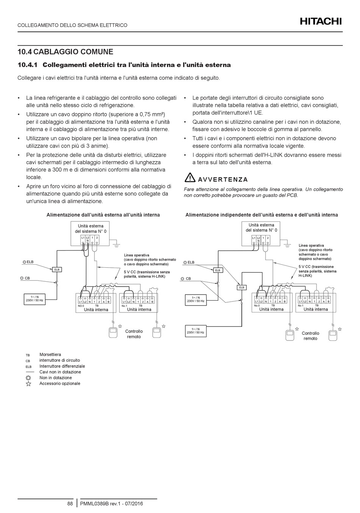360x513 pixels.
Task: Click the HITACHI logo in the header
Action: [x=321, y=21]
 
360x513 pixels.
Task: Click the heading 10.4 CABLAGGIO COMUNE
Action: [x=66, y=52]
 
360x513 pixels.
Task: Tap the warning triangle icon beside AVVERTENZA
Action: [x=189, y=177]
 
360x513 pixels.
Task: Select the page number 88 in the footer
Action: [x=70, y=504]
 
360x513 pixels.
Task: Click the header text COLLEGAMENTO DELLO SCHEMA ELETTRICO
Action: [x=72, y=25]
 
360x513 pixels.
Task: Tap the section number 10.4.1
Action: [x=28, y=65]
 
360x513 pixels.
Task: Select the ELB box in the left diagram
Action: [x=57, y=270]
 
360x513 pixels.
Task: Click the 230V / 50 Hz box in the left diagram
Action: [x=34, y=299]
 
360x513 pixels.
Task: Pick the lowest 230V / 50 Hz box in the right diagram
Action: [x=196, y=331]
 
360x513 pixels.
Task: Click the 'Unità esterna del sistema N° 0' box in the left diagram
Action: [x=91, y=228]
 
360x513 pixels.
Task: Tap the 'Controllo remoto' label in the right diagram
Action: [x=310, y=336]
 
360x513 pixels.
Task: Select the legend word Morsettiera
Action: [x=50, y=355]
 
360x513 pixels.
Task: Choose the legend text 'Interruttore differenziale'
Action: [x=62, y=366]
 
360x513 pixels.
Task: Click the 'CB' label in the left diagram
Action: [x=27, y=278]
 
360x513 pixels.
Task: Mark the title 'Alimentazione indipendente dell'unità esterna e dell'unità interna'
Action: [x=261, y=215]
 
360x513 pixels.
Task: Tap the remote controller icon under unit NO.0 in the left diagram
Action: [x=113, y=333]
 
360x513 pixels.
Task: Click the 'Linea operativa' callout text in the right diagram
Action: [x=311, y=246]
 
